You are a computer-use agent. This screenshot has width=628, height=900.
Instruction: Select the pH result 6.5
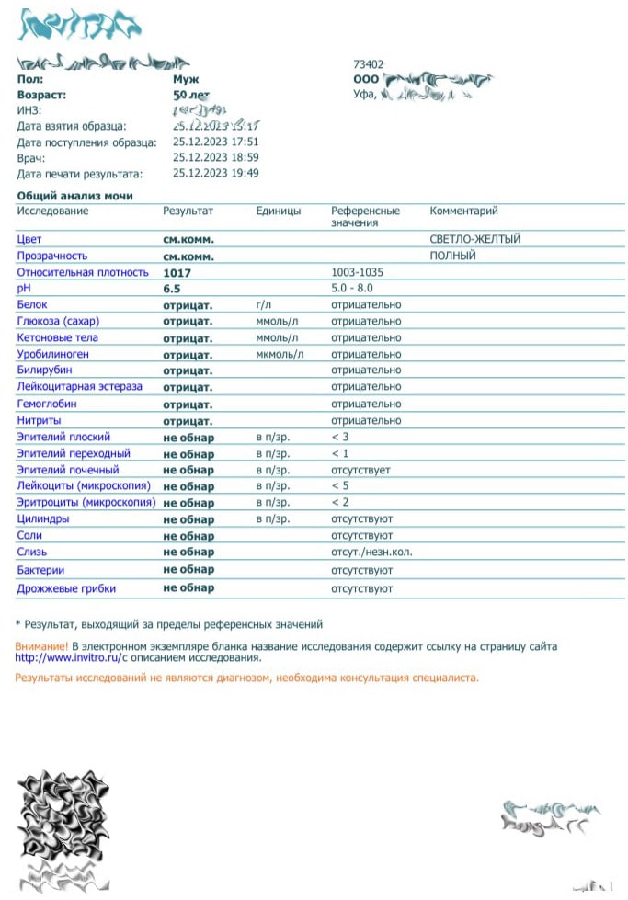pos(172,289)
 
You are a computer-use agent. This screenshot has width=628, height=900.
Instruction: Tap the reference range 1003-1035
pos(357,272)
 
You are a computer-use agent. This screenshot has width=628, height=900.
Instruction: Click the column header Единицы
pos(279,211)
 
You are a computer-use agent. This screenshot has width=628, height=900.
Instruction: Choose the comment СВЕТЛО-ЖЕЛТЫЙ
pos(474,239)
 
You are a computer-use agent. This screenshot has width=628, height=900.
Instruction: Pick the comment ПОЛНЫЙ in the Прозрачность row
pos(452,256)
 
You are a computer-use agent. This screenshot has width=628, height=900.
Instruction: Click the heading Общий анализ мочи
pos(74,196)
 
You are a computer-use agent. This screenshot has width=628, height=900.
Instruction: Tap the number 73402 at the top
pos(369,64)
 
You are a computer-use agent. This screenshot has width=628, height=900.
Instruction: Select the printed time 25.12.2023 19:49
pos(215,174)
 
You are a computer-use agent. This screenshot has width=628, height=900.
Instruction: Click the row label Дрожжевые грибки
pos(66,588)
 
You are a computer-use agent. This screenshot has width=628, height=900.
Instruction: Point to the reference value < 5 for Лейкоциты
pos(340,486)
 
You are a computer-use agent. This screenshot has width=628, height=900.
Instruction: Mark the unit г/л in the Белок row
pos(265,305)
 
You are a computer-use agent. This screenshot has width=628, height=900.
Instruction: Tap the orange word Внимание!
pos(41,646)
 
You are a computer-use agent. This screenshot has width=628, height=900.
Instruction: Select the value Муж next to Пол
pos(186,79)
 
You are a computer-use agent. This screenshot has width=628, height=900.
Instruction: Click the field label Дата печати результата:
pos(80,174)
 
